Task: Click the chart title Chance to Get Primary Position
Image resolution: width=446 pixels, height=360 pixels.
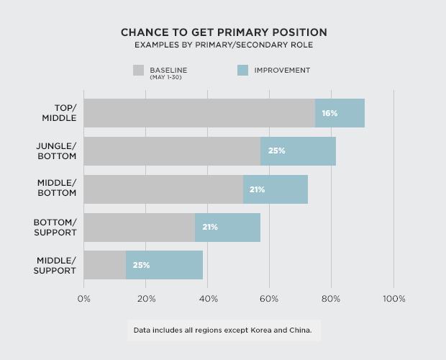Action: click(x=223, y=32)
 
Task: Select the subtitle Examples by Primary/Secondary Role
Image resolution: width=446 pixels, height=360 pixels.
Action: click(x=223, y=45)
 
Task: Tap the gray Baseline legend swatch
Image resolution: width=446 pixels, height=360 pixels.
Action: click(x=139, y=71)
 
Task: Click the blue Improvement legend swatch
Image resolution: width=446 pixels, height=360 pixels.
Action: click(x=242, y=71)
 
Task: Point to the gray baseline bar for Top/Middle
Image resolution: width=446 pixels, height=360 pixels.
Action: click(x=199, y=113)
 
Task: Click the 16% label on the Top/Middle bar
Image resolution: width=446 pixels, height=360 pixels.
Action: click(x=329, y=113)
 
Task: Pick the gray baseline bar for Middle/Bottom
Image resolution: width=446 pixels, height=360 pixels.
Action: click(x=163, y=189)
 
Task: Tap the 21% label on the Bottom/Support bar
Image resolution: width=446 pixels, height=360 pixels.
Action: click(x=210, y=228)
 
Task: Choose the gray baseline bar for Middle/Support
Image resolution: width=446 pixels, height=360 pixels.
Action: click(x=105, y=265)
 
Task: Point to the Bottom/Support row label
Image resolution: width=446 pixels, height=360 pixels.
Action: click(x=55, y=228)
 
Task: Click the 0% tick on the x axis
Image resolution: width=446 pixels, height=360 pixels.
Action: click(x=84, y=299)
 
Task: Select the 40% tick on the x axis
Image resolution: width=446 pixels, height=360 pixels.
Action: click(x=208, y=299)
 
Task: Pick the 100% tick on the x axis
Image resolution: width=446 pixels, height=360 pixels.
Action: click(x=393, y=299)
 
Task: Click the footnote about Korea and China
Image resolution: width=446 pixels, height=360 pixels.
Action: click(x=224, y=331)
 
